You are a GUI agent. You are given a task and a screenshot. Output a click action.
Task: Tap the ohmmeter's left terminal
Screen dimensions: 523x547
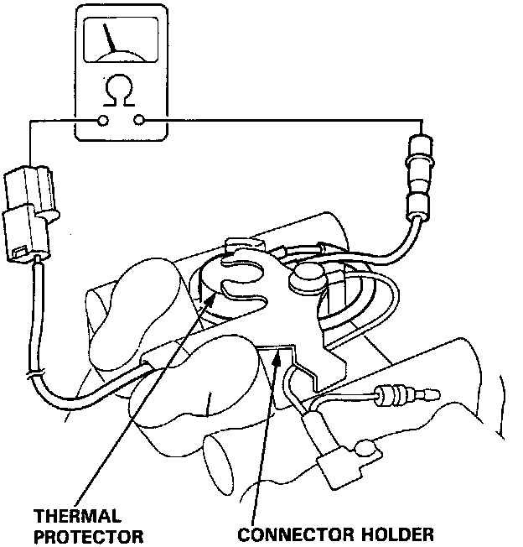(102, 121)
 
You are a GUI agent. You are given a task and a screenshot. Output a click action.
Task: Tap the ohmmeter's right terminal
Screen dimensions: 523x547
(138, 121)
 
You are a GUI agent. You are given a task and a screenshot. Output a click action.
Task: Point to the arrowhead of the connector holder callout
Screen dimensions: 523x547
(276, 352)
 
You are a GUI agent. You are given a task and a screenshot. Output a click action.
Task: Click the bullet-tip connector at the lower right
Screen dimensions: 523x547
(399, 392)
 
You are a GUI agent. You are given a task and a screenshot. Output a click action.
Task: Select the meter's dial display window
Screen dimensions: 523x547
(120, 39)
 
